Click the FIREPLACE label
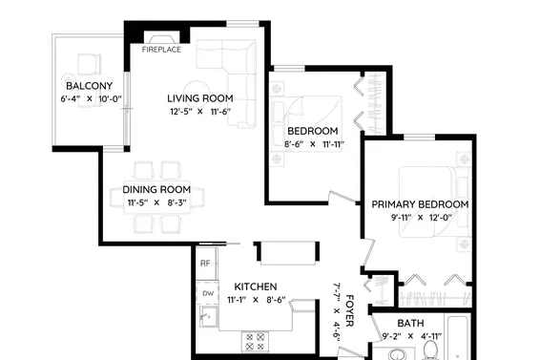click(x=161, y=50)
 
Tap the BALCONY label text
click(x=89, y=86)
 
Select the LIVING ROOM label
click(x=200, y=98)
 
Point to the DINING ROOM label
click(x=156, y=190)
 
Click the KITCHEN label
click(x=256, y=286)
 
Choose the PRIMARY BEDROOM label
click(x=420, y=204)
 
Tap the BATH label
click(x=410, y=324)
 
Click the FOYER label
click(x=349, y=310)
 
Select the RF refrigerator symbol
click(x=206, y=264)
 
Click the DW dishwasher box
click(x=207, y=293)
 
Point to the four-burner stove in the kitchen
click(x=255, y=342)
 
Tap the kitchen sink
click(x=209, y=316)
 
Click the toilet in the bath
click(x=429, y=351)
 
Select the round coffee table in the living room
click(x=197, y=93)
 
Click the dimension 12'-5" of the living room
click(x=181, y=112)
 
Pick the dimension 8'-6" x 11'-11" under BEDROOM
click(x=314, y=144)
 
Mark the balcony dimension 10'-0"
click(x=111, y=99)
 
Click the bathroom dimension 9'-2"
click(x=392, y=336)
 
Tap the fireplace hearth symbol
click(x=161, y=38)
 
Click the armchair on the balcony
click(x=89, y=64)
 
